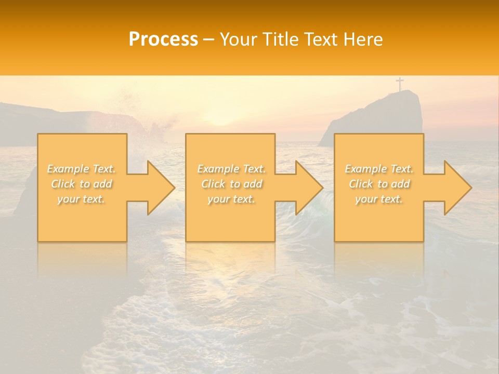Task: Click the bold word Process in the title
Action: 163,39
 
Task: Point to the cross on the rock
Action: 400,84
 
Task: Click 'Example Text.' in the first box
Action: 82,169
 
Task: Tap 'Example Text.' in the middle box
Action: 231,169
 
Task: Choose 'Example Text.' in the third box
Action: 379,169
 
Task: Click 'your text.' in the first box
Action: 82,199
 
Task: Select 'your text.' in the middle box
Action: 231,199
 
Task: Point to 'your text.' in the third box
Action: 379,199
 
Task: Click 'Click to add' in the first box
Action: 82,184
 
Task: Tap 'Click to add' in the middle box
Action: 231,184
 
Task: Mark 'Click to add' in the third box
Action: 379,184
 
